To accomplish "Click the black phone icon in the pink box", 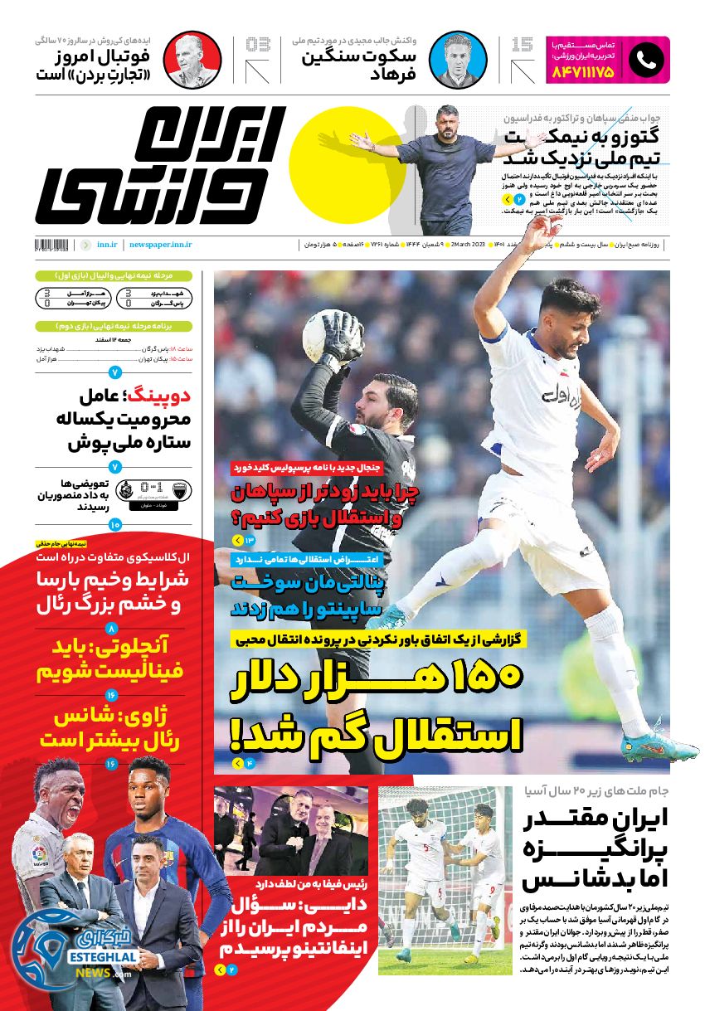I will coord(645,59).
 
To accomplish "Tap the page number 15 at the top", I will coord(523,45).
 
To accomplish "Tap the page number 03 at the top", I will coord(258,45).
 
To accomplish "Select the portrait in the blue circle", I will coord(458,60).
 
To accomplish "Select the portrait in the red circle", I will coord(192,60).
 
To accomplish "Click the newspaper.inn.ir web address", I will coord(161,245).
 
